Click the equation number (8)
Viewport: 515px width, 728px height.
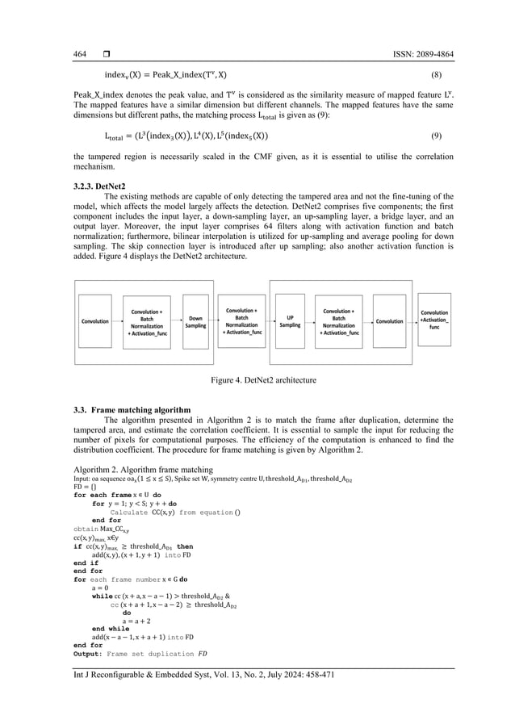pos(436,74)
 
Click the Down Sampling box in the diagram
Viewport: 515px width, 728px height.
pos(195,320)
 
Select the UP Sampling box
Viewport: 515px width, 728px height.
pos(290,320)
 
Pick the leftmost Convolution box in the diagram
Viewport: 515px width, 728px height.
pos(95,321)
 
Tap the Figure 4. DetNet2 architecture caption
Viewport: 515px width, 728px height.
pos(257,378)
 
